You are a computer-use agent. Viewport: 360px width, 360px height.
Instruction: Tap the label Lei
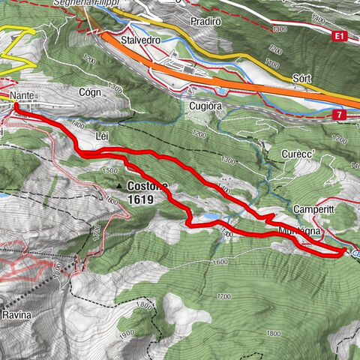pyautogui.click(x=103, y=136)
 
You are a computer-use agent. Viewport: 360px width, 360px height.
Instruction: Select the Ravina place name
pyautogui.click(x=16, y=315)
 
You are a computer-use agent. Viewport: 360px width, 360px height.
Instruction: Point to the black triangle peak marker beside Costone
pyautogui.click(x=118, y=185)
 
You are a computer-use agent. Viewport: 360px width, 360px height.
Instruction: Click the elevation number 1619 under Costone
pyautogui.click(x=140, y=200)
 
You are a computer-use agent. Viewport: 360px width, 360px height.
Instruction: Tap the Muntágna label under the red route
pyautogui.click(x=299, y=232)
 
